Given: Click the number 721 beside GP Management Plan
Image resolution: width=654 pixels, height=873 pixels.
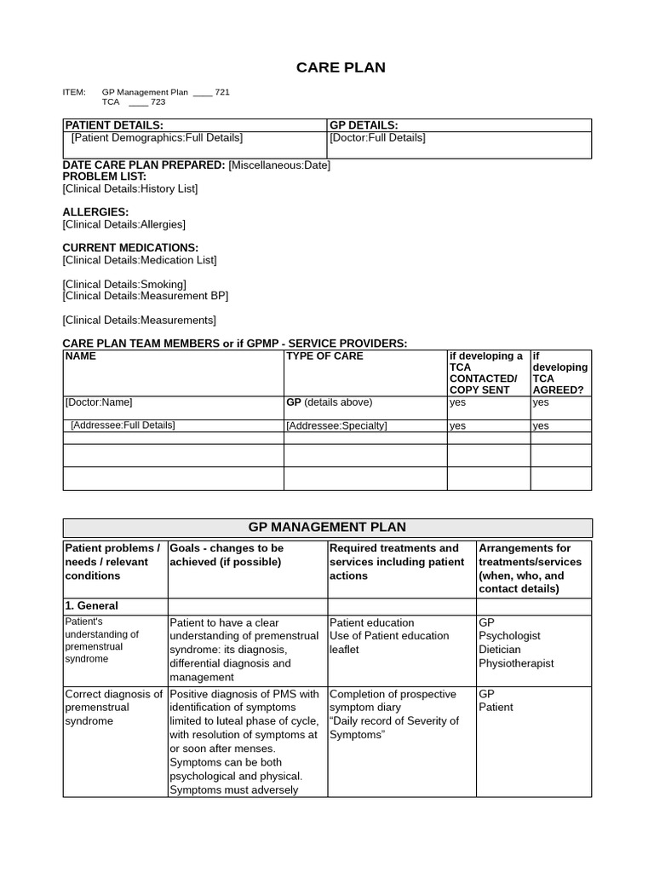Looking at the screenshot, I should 222,92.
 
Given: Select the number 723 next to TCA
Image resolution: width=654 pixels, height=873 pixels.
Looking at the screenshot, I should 158,102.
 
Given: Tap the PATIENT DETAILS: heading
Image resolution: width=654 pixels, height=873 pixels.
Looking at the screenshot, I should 114,125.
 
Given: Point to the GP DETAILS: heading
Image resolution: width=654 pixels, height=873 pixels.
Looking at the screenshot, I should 364,125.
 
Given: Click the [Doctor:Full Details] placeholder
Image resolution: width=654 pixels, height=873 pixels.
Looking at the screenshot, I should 377,137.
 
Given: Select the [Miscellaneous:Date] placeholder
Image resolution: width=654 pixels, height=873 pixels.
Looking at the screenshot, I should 279,165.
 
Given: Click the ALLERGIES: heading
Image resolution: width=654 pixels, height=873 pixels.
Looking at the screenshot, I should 95,212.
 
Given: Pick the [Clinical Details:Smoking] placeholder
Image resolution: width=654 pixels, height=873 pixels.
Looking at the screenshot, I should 124,284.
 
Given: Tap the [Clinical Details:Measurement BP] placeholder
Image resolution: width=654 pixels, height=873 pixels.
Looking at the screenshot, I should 145,296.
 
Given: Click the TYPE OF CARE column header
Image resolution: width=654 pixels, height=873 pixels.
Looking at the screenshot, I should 324,356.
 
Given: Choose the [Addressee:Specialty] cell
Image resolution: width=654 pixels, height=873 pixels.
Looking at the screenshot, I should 336,425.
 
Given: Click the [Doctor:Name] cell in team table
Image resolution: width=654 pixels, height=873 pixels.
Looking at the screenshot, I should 99,402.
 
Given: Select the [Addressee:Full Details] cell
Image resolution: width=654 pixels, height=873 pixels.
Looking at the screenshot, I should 123,425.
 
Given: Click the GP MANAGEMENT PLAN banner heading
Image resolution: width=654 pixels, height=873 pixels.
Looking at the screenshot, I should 327,528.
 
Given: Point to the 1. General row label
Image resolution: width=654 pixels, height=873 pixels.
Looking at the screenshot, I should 92,606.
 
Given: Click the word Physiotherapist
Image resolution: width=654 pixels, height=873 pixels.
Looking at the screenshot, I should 516,663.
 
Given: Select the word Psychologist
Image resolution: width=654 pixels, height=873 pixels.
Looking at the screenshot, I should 509,636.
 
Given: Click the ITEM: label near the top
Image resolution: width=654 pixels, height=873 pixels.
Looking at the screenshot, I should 75,92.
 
